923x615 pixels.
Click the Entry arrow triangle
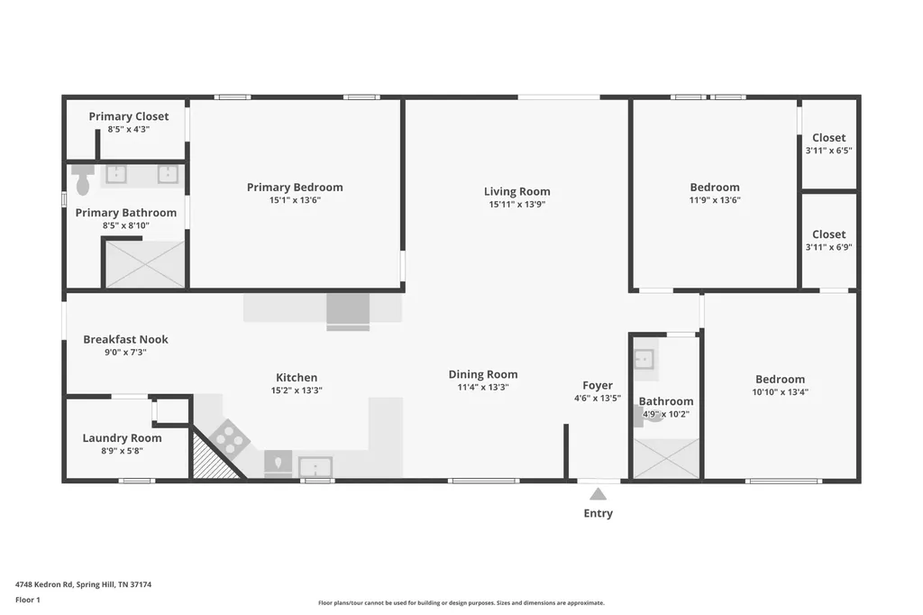pyautogui.click(x=599, y=493)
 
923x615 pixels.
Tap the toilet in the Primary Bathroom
pyautogui.click(x=82, y=179)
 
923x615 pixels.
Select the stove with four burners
pyautogui.click(x=229, y=439)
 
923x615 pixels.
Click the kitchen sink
pyautogui.click(x=315, y=466)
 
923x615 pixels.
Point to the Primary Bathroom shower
pyautogui.click(x=145, y=264)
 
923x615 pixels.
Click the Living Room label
pyautogui.click(x=516, y=191)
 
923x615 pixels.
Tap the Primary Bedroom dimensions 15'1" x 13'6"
pyautogui.click(x=295, y=200)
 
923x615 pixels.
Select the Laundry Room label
pyautogui.click(x=122, y=437)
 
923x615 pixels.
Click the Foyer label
pyautogui.click(x=598, y=385)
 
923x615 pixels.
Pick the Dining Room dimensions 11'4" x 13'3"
pyautogui.click(x=483, y=387)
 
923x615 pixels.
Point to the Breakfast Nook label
pyautogui.click(x=125, y=339)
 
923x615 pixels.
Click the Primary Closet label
pyautogui.click(x=128, y=116)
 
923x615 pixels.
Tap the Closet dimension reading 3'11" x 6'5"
pyautogui.click(x=829, y=151)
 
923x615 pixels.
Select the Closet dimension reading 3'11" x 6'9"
pyautogui.click(x=829, y=247)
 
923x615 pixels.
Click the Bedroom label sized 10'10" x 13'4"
pyautogui.click(x=780, y=380)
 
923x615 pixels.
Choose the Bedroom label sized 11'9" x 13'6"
pyautogui.click(x=715, y=188)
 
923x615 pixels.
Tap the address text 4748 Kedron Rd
pyautogui.click(x=44, y=584)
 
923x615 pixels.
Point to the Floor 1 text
pyautogui.click(x=28, y=600)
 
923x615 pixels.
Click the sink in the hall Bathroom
pyautogui.click(x=644, y=359)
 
